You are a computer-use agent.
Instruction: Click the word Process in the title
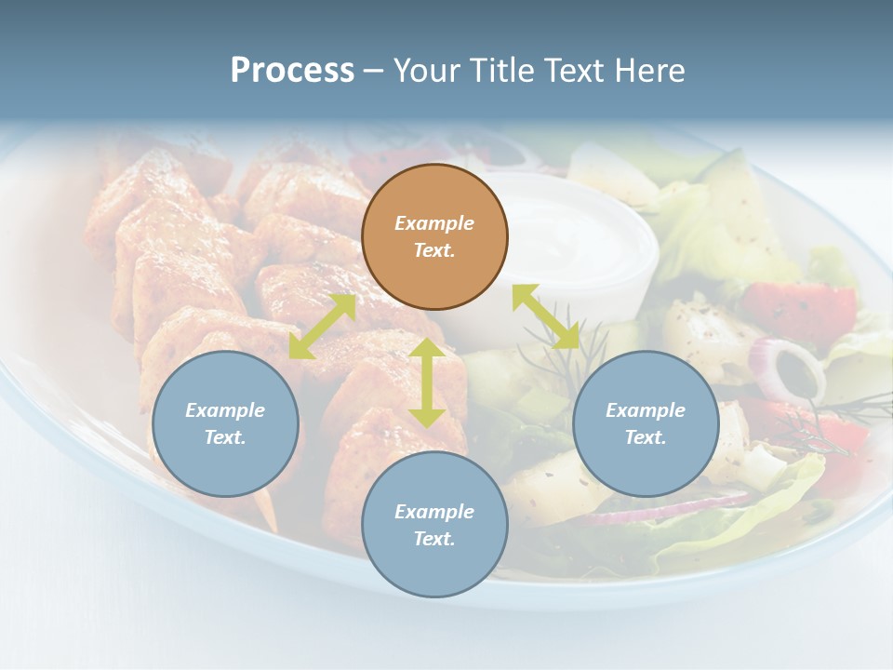[x=292, y=71]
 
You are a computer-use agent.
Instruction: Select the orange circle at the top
[x=434, y=236]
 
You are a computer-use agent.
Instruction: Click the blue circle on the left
[x=225, y=423]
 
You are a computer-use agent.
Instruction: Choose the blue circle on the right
[x=646, y=423]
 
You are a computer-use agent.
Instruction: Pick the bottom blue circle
[x=434, y=524]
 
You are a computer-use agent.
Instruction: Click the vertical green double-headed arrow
[x=427, y=382]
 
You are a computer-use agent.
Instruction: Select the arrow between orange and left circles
[x=322, y=327]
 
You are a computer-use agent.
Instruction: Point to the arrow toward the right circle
[x=546, y=316]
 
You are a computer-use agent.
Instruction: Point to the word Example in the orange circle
[x=434, y=223]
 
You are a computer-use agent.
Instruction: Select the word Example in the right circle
[x=646, y=410]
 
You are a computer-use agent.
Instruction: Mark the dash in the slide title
[x=374, y=71]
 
